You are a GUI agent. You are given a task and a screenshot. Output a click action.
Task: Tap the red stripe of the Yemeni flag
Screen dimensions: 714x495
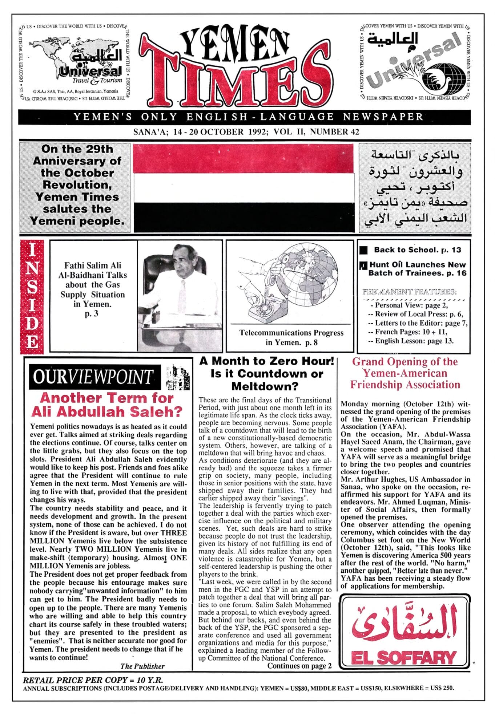(x=244, y=158)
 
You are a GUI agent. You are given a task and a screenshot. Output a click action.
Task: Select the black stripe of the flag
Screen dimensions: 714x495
(x=244, y=217)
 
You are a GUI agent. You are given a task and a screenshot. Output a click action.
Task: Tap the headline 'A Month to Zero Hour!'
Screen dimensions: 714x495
(x=266, y=361)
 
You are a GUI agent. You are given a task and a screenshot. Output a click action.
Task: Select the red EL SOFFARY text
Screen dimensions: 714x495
(x=404, y=658)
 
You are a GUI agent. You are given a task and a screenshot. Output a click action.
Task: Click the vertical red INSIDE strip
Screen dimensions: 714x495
(x=32, y=296)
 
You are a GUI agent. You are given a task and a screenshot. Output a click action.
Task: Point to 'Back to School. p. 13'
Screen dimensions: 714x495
(x=417, y=250)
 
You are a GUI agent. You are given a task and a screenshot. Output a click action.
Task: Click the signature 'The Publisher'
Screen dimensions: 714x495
(x=142, y=666)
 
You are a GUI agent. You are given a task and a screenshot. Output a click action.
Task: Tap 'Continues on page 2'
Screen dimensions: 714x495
(x=299, y=666)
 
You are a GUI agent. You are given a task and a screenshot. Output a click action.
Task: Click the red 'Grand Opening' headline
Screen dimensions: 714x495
(x=405, y=373)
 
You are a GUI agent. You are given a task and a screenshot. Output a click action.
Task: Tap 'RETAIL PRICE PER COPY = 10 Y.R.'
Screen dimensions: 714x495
(x=93, y=680)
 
